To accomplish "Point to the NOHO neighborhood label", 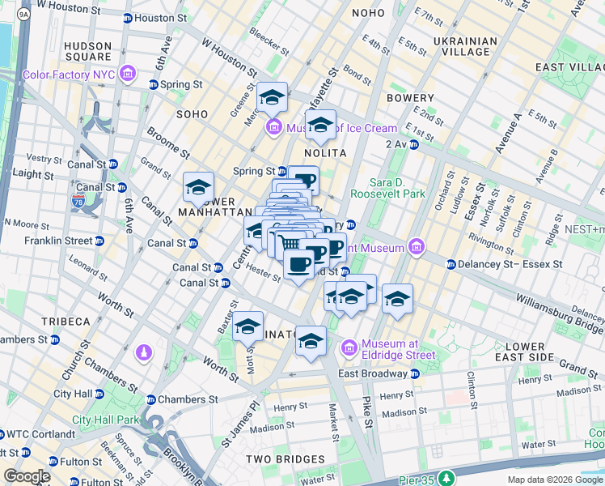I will pos(368,13).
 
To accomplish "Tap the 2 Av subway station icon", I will pos(413,144).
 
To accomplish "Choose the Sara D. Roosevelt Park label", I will pos(397,188).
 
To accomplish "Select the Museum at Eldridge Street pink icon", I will pos(349,348).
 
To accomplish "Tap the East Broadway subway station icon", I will pos(415,373).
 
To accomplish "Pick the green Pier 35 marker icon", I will pos(446,477).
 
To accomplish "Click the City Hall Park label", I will pos(105,420).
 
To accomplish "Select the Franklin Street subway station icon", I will pos(99,241).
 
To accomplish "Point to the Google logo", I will pos(27,476).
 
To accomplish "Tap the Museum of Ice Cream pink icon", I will pos(273,128).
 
